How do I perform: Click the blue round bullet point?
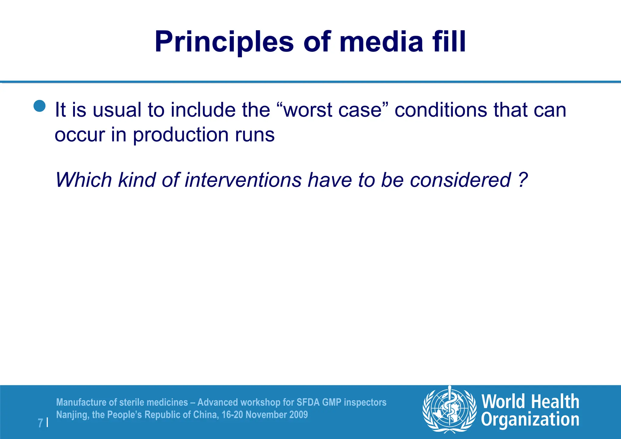pos(39,106)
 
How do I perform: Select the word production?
pos(180,135)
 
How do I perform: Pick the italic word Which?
pos(84,180)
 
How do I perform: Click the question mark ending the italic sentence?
pos(522,180)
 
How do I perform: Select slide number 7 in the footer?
pos(40,423)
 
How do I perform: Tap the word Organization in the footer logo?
pos(530,420)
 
